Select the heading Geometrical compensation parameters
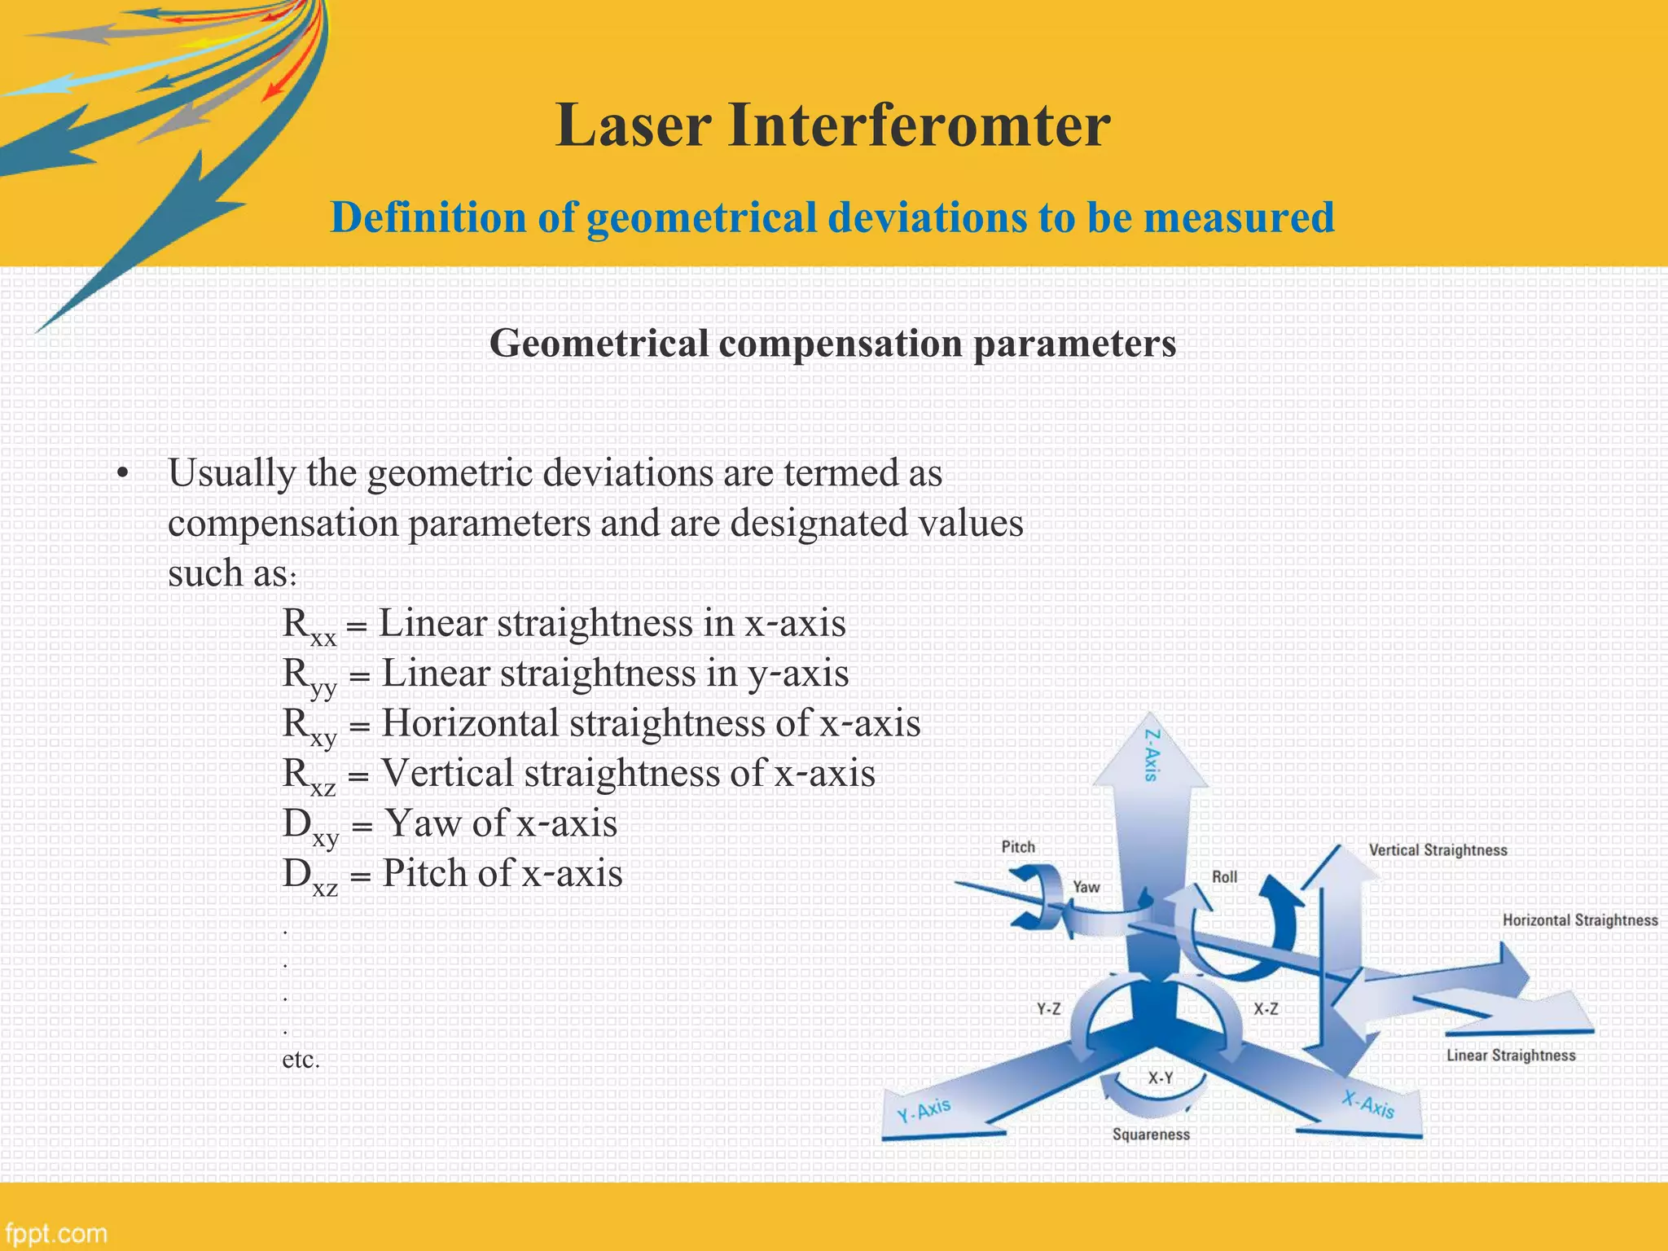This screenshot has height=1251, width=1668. pyautogui.click(x=832, y=343)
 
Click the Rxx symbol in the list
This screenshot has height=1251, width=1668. pyautogui.click(x=309, y=626)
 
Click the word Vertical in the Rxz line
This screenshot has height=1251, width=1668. pyautogui.click(x=447, y=773)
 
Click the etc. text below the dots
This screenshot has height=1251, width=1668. pyautogui.click(x=301, y=1060)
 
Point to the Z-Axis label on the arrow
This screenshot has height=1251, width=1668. pyautogui.click(x=1152, y=755)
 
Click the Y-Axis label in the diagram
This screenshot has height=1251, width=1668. pyautogui.click(x=924, y=1110)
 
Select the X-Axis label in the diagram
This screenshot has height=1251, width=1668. pyautogui.click(x=1369, y=1105)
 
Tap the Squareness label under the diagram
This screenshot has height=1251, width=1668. pyautogui.click(x=1151, y=1135)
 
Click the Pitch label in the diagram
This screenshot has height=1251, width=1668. pyautogui.click(x=1018, y=847)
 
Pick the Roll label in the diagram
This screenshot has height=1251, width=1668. pyautogui.click(x=1224, y=877)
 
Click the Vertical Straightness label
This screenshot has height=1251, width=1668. pyautogui.click(x=1438, y=850)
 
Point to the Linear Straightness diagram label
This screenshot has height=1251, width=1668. pyautogui.click(x=1511, y=1056)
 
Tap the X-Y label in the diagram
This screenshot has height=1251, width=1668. pyautogui.click(x=1161, y=1078)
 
